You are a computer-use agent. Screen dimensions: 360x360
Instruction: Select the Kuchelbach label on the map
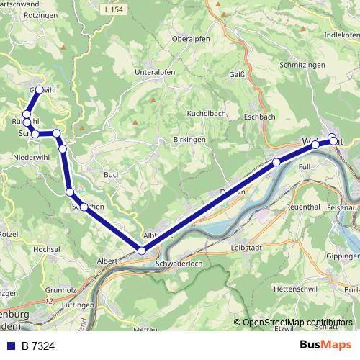(207, 114)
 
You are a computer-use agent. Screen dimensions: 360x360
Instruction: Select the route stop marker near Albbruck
(142, 251)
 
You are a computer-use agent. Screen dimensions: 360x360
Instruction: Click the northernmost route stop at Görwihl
(39, 90)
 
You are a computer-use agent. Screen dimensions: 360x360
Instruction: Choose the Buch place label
(112, 174)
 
